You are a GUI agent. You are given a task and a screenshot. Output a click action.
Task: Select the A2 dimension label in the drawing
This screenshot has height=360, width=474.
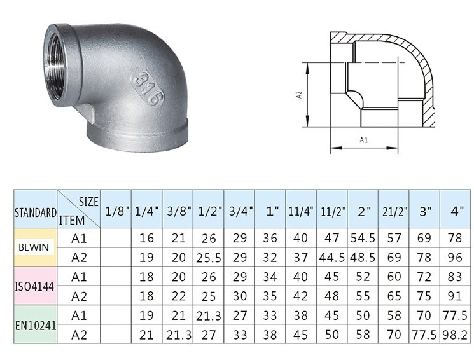point(298,95)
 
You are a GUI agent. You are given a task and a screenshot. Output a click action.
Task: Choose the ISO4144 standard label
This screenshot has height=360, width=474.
point(28,286)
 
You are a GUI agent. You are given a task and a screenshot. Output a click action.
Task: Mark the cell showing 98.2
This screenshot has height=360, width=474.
point(456,334)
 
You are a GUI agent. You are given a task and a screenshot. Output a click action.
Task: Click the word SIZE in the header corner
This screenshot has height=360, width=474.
point(88,201)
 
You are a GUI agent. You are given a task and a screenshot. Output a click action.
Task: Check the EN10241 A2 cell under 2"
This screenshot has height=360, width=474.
point(363,334)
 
